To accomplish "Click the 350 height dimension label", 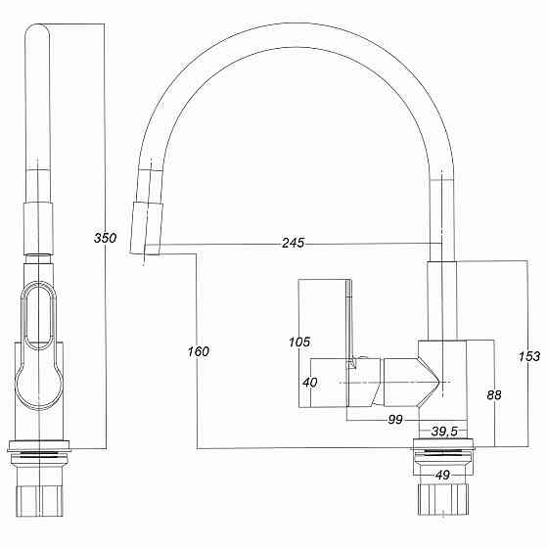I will (x=105, y=238).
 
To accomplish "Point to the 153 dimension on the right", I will (x=528, y=357).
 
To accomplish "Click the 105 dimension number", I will (x=299, y=342).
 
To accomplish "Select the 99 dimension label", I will (x=395, y=420).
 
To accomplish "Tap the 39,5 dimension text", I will (x=445, y=432).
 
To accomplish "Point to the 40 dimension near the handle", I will (x=309, y=383).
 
